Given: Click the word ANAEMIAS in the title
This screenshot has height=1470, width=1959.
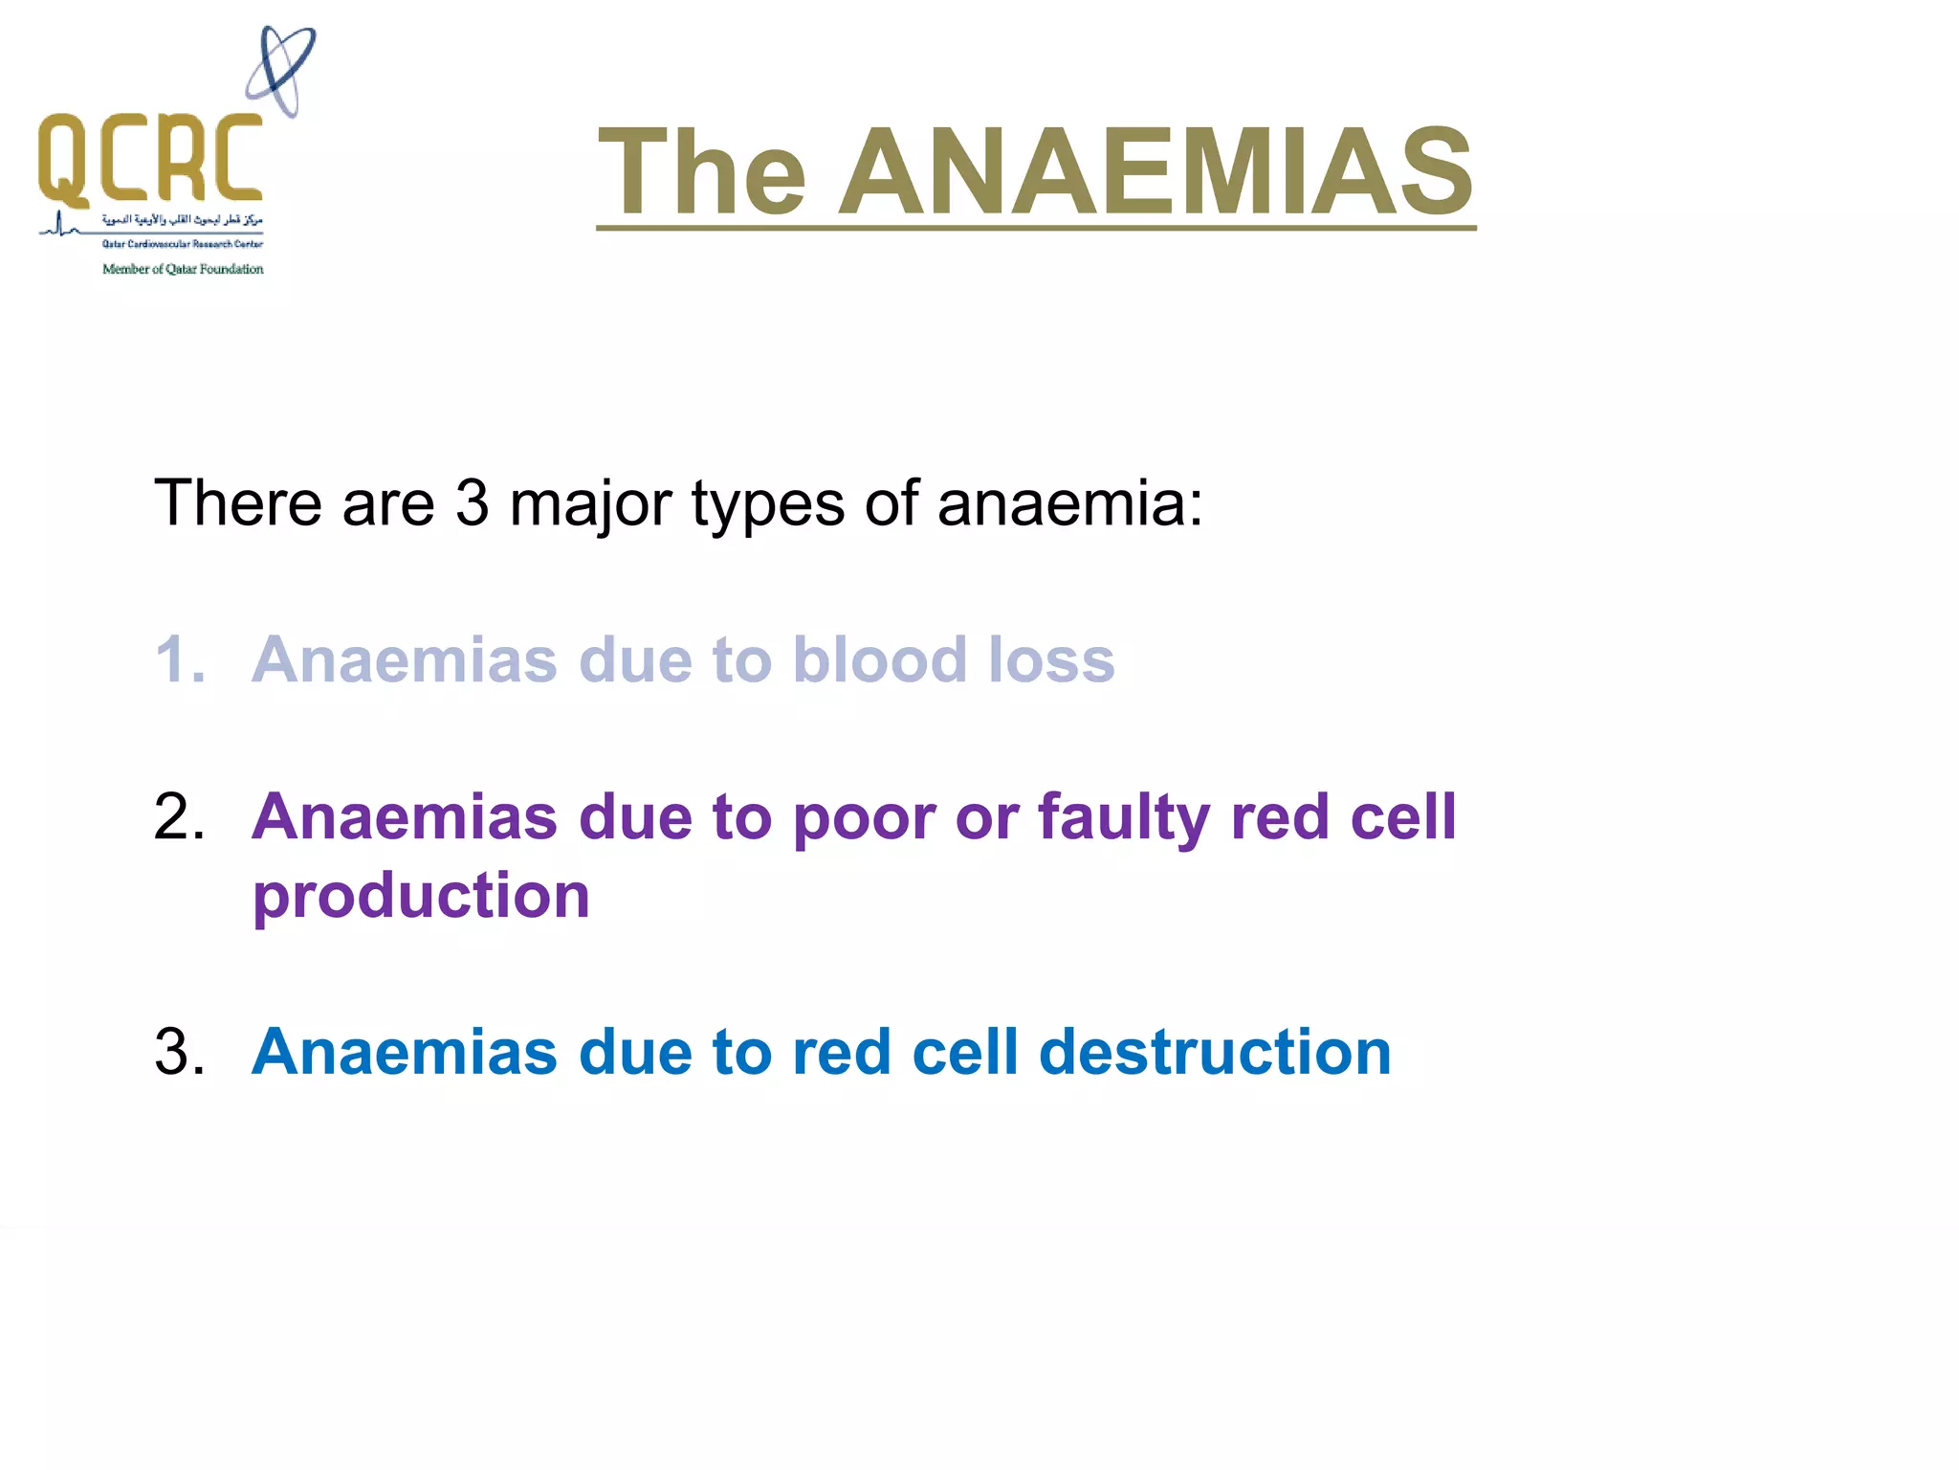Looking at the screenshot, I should (1156, 172).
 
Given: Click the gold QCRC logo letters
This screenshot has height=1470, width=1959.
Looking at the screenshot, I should (150, 158).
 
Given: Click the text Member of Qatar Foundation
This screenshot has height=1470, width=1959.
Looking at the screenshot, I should (183, 269).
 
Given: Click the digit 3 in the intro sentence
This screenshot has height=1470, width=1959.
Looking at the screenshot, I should (472, 502).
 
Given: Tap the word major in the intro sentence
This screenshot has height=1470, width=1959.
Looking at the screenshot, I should (590, 504).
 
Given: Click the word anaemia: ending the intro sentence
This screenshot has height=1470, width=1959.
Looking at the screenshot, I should (1069, 503).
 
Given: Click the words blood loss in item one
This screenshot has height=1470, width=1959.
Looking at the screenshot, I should (954, 659).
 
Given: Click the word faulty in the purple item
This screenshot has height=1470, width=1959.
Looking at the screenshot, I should (1124, 818).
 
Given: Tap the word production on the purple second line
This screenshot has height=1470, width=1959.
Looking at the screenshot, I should (421, 897).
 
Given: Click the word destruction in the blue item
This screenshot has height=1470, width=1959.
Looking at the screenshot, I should (1214, 1051).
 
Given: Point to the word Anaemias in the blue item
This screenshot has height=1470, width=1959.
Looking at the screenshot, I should (404, 1051).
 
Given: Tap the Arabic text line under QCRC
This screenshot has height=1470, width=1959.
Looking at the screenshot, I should (182, 220).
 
